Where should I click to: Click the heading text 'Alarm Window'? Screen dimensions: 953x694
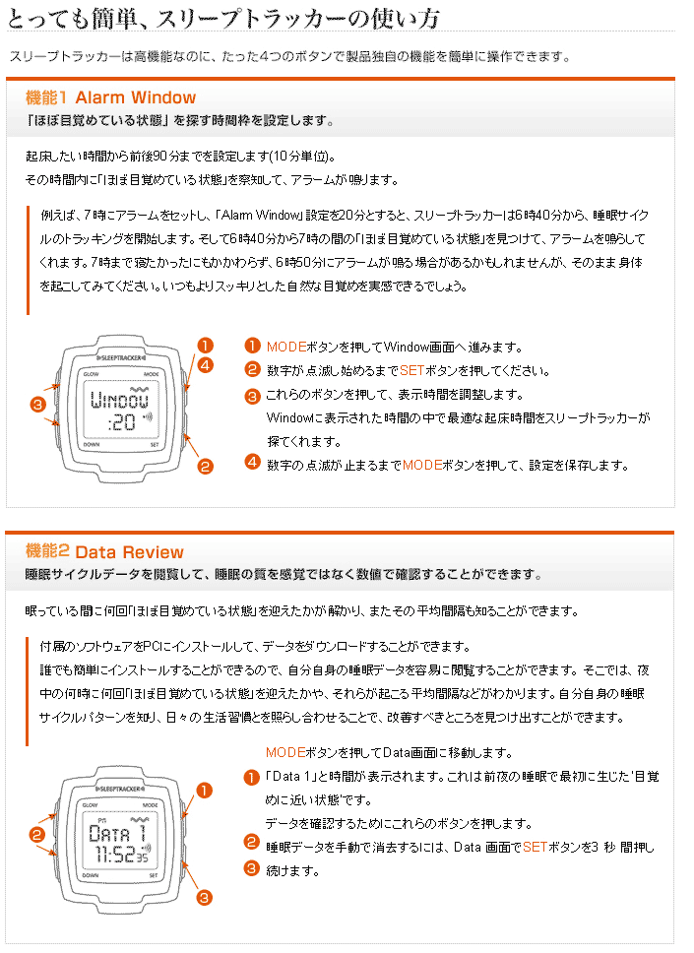click(x=135, y=97)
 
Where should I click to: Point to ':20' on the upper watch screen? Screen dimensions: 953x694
click(x=121, y=422)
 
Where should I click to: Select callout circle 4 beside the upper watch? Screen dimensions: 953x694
click(x=205, y=365)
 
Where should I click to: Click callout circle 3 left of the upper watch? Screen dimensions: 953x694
click(x=37, y=405)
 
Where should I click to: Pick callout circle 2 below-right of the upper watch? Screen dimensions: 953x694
click(x=205, y=467)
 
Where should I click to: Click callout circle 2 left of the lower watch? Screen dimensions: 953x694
click(x=37, y=835)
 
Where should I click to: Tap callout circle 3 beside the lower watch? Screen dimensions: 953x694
click(x=205, y=897)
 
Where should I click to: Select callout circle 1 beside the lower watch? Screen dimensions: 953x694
click(x=205, y=790)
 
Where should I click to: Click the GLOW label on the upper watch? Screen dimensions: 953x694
click(x=91, y=375)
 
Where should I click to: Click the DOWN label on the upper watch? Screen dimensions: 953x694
click(x=92, y=444)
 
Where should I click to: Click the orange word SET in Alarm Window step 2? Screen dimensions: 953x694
click(x=412, y=371)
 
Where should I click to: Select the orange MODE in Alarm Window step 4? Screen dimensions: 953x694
click(x=422, y=465)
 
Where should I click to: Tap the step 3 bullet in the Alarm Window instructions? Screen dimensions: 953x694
click(x=252, y=395)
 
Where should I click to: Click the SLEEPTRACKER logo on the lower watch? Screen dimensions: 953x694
click(x=121, y=788)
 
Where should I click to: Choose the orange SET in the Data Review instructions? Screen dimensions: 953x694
click(x=535, y=847)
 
